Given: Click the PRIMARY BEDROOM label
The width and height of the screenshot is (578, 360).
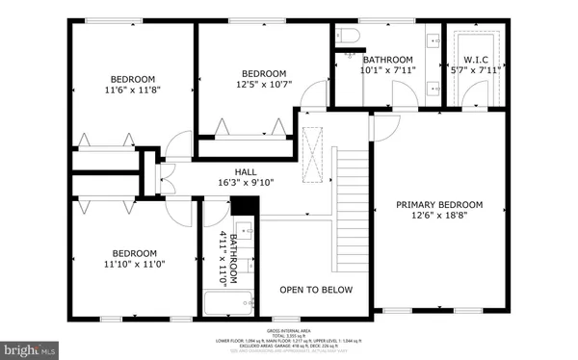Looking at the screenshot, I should [442, 205].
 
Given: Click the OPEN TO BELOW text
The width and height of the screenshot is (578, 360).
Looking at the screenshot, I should [316, 290].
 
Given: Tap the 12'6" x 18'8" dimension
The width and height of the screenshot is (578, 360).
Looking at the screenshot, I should [442, 217].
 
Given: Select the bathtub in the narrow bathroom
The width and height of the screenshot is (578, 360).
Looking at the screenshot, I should [227, 305].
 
